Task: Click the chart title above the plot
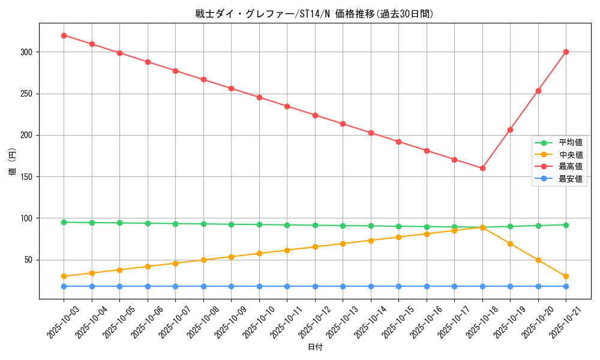(x=314, y=14)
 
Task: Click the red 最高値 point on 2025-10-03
(x=64, y=35)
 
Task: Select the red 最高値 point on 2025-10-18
(x=482, y=168)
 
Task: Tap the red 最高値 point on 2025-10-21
(x=566, y=52)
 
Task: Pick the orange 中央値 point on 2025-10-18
(x=482, y=227)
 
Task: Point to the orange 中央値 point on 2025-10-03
(x=64, y=277)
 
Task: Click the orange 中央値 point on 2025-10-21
(x=566, y=277)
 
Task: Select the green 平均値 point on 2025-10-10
(x=259, y=225)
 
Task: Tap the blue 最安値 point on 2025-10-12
(x=315, y=286)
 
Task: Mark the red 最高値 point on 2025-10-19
(x=510, y=130)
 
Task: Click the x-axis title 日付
(x=315, y=347)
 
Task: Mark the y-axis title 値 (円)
(x=13, y=161)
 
